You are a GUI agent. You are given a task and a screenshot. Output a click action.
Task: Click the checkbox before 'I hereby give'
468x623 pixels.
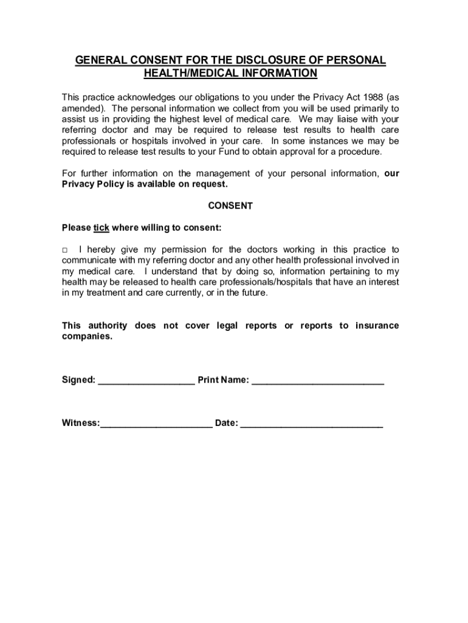coord(65,250)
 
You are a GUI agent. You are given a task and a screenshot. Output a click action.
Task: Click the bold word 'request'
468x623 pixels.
coord(208,184)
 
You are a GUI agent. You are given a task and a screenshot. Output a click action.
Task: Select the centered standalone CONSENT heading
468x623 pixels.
coord(230,206)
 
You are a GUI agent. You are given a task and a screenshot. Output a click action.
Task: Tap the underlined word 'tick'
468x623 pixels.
coord(101,228)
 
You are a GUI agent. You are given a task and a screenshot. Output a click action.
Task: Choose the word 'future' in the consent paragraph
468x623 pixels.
coord(250,293)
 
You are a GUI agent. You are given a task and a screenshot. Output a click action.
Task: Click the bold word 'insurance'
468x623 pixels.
coord(377,325)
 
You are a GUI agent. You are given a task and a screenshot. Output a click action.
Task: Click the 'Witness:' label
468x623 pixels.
coord(81,423)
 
